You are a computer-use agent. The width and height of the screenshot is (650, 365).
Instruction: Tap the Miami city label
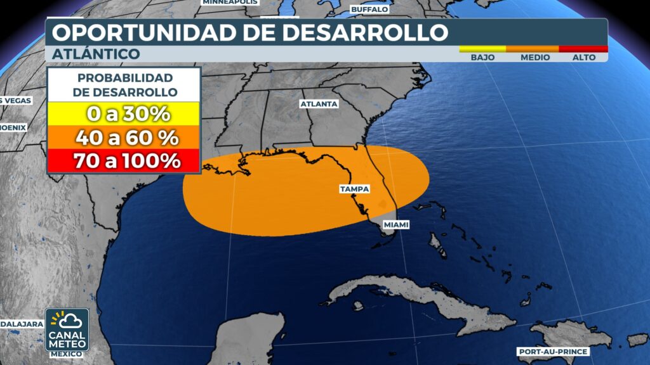pyautogui.click(x=395, y=225)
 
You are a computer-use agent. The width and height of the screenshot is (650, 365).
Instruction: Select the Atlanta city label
pyautogui.click(x=319, y=103)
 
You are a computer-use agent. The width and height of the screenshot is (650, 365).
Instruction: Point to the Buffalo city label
pyautogui.click(x=369, y=10)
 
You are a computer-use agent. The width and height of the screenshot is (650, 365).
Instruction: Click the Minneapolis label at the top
pyautogui.click(x=230, y=3)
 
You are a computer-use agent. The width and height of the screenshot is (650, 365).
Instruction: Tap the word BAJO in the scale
pyautogui.click(x=482, y=57)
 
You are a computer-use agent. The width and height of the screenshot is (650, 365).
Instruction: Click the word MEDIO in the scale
pyautogui.click(x=535, y=57)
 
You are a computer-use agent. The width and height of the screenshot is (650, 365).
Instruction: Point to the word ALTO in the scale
pyautogui.click(x=584, y=57)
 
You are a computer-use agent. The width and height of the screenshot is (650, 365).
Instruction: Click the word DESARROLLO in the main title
pyautogui.click(x=361, y=32)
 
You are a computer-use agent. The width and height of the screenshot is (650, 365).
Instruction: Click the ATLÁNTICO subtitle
pyautogui.click(x=95, y=54)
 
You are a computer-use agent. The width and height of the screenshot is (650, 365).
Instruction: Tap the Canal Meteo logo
pyautogui.click(x=67, y=330)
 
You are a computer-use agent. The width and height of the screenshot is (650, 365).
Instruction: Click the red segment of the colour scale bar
pyautogui.click(x=583, y=49)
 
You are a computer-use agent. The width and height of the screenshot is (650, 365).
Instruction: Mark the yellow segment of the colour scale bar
pyautogui.click(x=482, y=49)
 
